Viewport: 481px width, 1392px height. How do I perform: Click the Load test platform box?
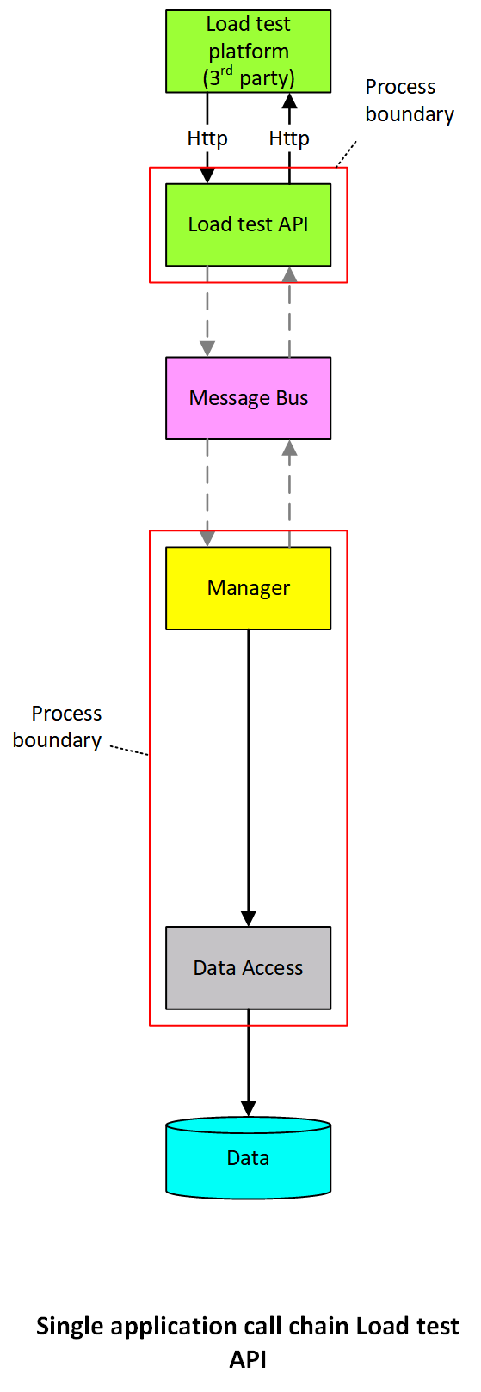[x=249, y=52]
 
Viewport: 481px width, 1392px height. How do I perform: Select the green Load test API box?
[x=249, y=224]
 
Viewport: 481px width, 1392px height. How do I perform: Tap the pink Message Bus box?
[x=249, y=398]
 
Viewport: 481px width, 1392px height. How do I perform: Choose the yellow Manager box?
[x=249, y=588]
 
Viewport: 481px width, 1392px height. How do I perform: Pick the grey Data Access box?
[x=249, y=967]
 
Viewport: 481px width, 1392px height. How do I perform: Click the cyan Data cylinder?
[x=249, y=1158]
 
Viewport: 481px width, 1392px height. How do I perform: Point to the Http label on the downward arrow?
[x=207, y=138]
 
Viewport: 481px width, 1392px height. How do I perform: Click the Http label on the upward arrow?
[x=289, y=138]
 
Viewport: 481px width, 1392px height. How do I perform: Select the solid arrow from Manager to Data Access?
[x=249, y=778]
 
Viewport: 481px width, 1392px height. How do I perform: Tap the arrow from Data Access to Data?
[x=249, y=1063]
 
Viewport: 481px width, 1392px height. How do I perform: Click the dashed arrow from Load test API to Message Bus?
[x=207, y=311]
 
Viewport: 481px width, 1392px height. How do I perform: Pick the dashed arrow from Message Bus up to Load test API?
[x=289, y=311]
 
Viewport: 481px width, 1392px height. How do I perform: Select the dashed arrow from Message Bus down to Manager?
[x=207, y=493]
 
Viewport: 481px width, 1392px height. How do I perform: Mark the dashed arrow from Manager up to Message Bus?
[x=289, y=493]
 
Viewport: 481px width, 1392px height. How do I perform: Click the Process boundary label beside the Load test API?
[x=410, y=101]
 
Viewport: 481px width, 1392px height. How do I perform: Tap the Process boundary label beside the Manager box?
[x=58, y=727]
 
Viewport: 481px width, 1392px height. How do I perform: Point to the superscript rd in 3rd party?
[x=226, y=71]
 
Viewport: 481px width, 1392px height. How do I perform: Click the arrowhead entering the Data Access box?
[x=249, y=918]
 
